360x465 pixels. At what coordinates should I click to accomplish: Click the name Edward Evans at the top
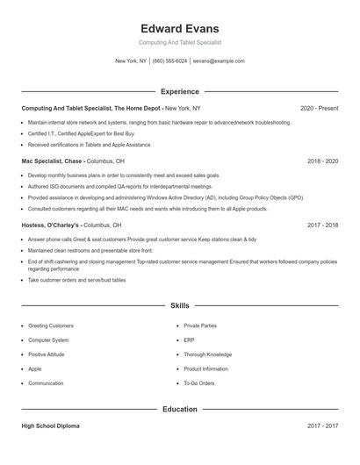coord(179,28)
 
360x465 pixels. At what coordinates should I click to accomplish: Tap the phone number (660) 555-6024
coord(169,61)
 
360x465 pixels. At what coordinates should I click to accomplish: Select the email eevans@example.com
coord(218,61)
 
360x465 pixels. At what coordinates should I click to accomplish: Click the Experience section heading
coord(179,91)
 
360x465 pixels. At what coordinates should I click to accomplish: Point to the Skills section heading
coord(179,305)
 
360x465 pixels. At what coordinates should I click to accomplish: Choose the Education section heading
coord(179,409)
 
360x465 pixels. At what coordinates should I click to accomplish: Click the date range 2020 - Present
coord(319,108)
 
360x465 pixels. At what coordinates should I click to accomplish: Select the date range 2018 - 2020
coord(323,161)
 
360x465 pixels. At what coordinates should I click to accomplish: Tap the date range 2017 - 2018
coord(323,225)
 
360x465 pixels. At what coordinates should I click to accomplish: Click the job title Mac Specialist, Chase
coord(52,161)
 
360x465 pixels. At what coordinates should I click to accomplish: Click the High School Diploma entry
coord(50,426)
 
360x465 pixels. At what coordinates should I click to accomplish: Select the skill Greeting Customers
coord(51,325)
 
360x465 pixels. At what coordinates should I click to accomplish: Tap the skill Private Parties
coord(201,325)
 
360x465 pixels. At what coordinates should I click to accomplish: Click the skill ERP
coord(189,340)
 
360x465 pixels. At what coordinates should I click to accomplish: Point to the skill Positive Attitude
coord(48,354)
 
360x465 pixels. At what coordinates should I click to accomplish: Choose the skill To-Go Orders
coord(199,383)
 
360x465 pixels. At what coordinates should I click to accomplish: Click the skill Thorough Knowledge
coord(207,354)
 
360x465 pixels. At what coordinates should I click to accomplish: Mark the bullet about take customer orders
coord(76,280)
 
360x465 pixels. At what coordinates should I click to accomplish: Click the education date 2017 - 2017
coord(323,426)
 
